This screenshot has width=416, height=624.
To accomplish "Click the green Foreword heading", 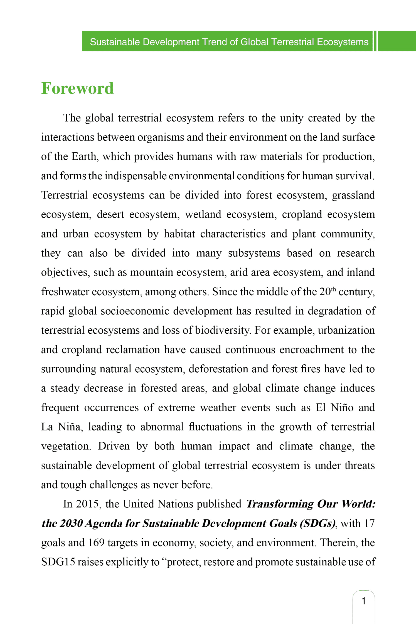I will click(77, 88).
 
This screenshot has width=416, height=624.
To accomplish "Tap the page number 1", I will click(363, 601).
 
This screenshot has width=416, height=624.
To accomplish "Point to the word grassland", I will click(353, 195).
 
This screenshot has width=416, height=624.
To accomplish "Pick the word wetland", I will click(203, 214).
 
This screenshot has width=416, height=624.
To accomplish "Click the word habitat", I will click(179, 234).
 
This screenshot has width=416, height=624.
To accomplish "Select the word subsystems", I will click(254, 253).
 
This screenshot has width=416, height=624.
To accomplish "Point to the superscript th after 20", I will click(333, 289).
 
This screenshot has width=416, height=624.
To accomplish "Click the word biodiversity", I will click(222, 330).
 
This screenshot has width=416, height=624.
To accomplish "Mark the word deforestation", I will click(218, 369).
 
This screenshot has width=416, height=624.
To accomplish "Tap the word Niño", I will click(342, 408).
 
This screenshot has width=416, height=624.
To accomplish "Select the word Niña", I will click(70, 427).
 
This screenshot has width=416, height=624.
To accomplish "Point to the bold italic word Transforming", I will click(280, 504).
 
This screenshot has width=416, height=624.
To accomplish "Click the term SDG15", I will click(58, 562).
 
